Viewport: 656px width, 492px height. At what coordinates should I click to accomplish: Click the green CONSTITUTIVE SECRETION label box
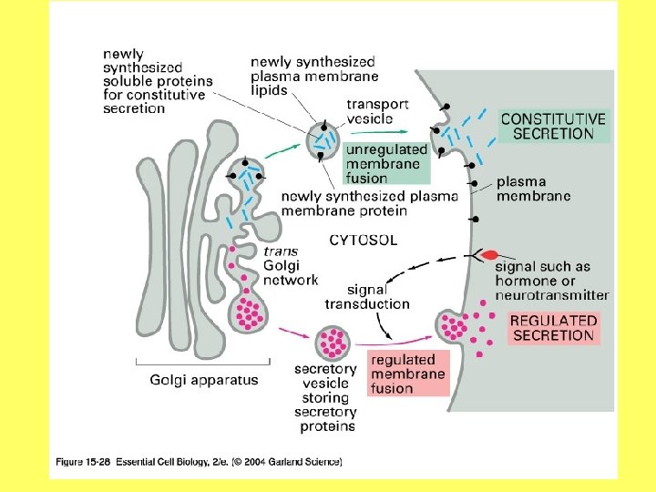pos(553,126)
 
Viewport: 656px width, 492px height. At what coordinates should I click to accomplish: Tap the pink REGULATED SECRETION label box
pos(553,328)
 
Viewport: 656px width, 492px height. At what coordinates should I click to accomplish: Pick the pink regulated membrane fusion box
pos(409,374)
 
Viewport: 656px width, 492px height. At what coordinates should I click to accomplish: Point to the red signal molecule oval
pos(490,256)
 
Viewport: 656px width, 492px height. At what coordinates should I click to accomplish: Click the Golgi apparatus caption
pos(204,380)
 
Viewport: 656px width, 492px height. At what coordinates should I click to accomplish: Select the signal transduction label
pos(367,297)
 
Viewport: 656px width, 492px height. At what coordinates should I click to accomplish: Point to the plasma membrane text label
pos(533,189)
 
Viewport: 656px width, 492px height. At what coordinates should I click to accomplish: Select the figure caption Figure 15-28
pos(195,463)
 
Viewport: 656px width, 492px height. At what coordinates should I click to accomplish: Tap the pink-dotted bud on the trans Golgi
pos(249,311)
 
